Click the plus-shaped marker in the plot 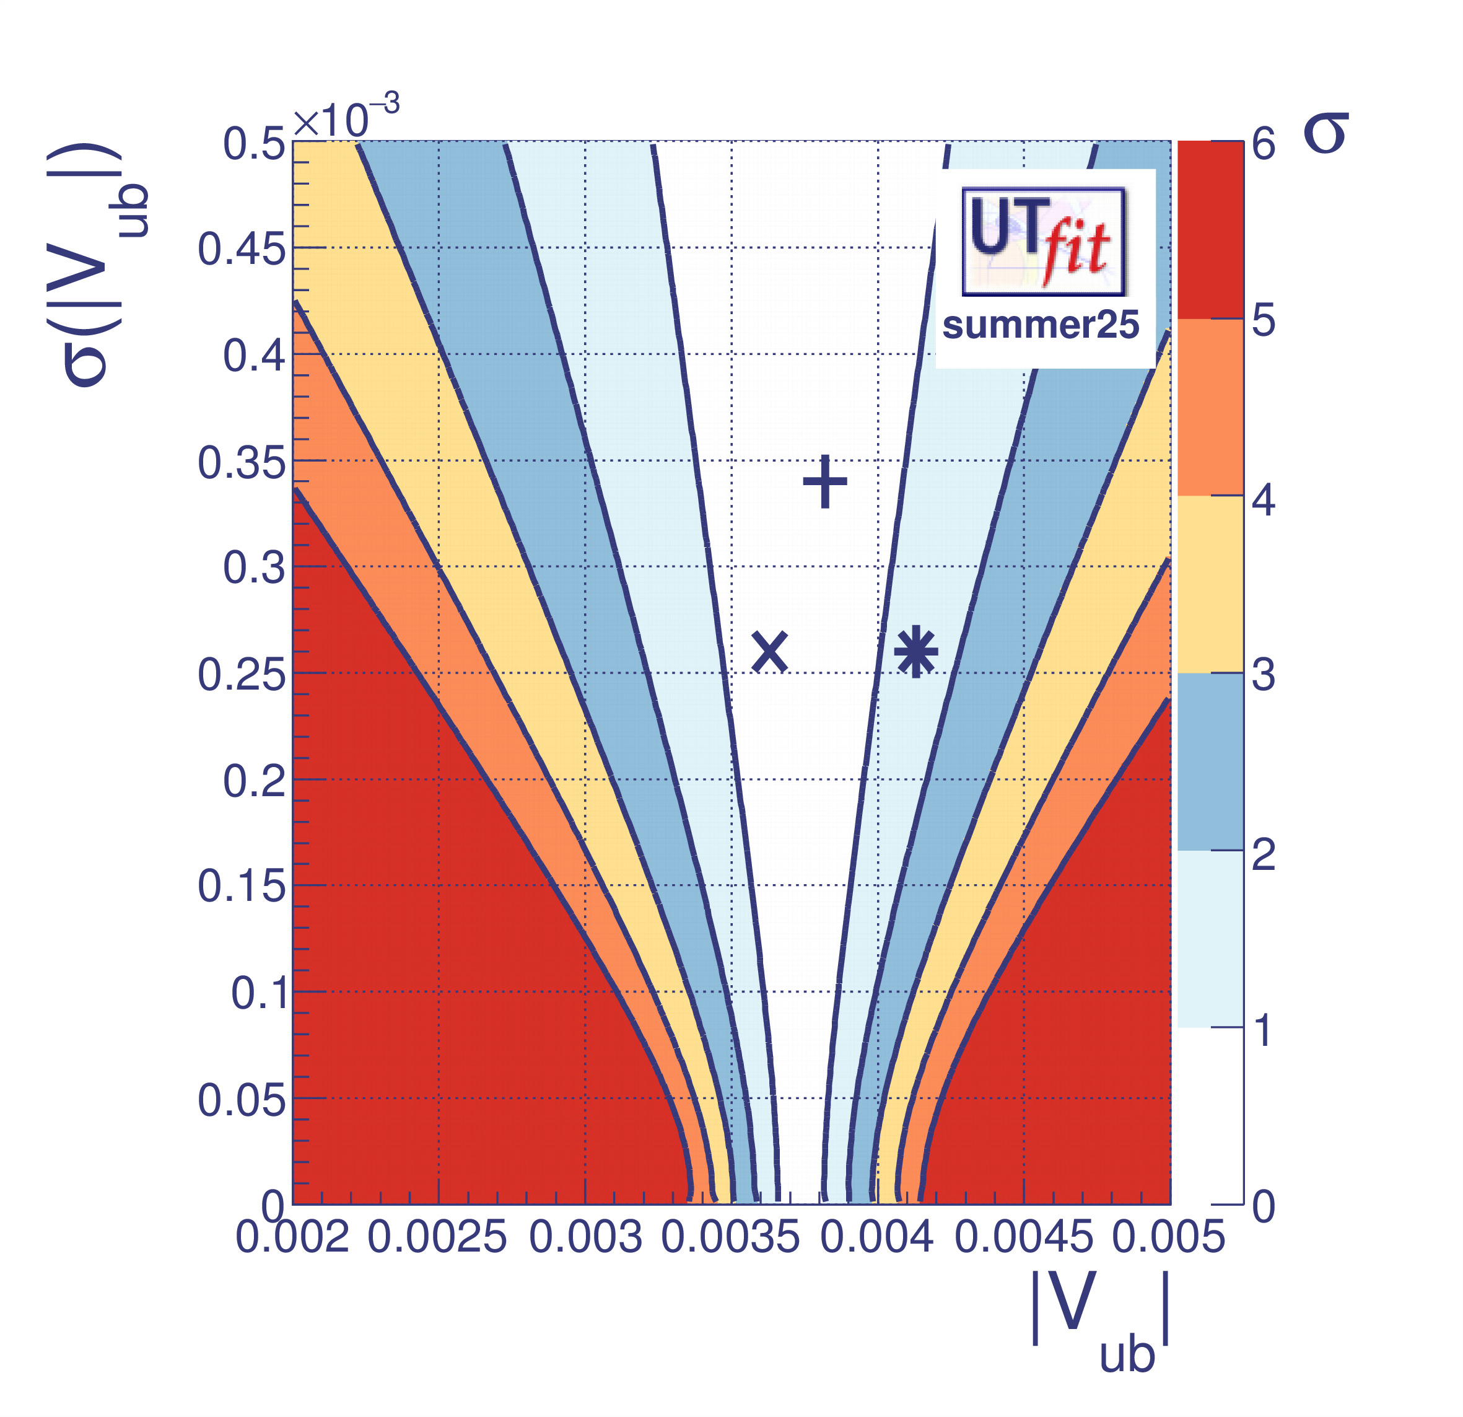click(825, 481)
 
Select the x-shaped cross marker click(769, 652)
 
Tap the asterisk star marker click(916, 652)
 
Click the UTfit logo click(1044, 240)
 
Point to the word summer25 click(1041, 325)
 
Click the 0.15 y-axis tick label click(241, 887)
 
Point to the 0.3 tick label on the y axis click(254, 568)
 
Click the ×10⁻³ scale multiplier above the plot click(346, 117)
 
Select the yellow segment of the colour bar click(1210, 584)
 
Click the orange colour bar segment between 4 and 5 click(1210, 407)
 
